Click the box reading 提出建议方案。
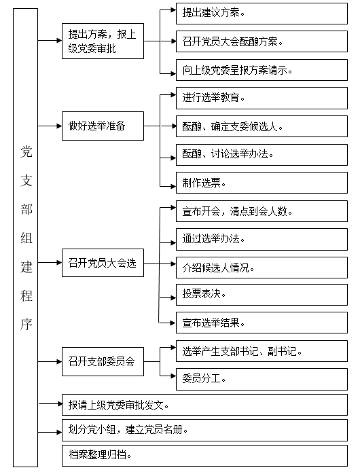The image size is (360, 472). (x=262, y=14)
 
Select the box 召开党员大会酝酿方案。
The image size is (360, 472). (x=262, y=41)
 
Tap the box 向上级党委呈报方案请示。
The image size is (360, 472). (x=262, y=70)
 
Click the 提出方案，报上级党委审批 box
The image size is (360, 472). (x=103, y=41)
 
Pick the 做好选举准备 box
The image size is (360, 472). (x=103, y=126)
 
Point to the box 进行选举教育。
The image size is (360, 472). (x=262, y=98)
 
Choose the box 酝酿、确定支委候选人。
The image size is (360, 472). (x=262, y=126)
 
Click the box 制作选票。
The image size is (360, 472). (x=262, y=183)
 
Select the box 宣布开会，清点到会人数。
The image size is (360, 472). (x=262, y=211)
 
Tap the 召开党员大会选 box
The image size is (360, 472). (x=103, y=263)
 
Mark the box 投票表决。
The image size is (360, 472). (x=262, y=294)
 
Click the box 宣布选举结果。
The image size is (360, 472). (x=262, y=323)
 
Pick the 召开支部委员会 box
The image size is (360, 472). (x=103, y=361)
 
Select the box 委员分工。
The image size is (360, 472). (x=262, y=379)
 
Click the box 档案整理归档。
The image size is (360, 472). (x=204, y=456)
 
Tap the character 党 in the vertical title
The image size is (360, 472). (x=26, y=151)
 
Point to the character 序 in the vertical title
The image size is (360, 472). (x=26, y=324)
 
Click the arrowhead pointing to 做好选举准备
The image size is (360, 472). (x=59, y=126)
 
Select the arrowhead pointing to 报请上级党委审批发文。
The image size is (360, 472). (x=59, y=403)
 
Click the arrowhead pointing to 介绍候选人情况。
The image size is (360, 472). (x=173, y=264)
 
